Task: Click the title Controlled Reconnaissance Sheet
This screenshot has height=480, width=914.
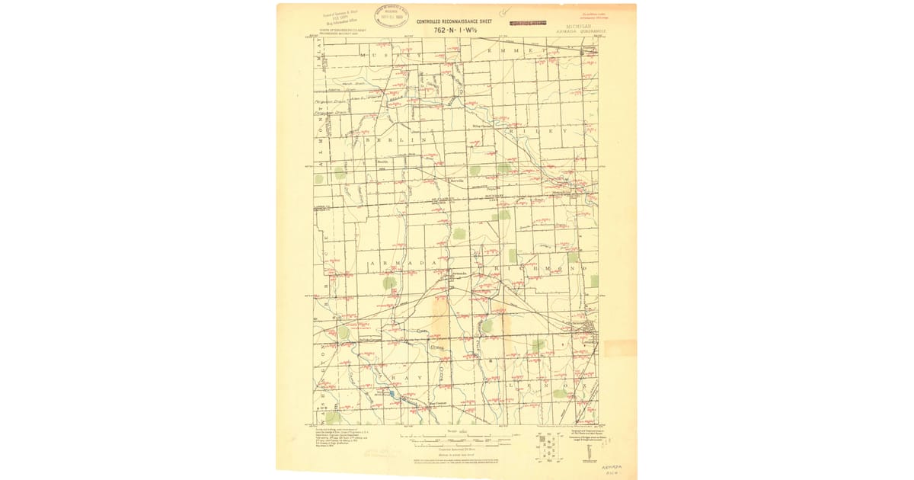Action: point(454,21)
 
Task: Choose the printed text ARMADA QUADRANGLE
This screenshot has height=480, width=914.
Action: point(578,31)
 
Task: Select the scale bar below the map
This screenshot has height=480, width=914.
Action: point(451,439)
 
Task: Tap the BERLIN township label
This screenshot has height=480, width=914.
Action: point(394,141)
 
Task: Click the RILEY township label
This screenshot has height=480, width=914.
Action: point(543,131)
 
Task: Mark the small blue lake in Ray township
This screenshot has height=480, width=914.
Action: point(391,394)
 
